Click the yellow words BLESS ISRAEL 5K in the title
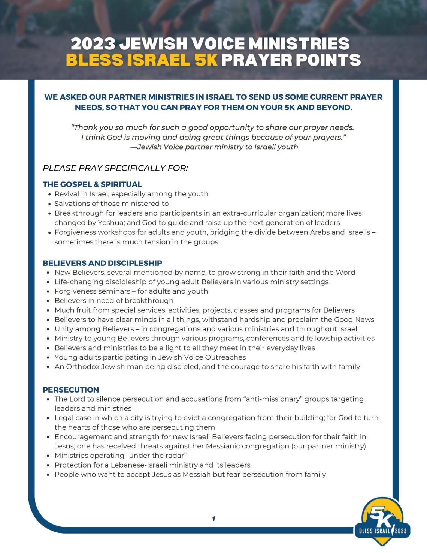(x=142, y=60)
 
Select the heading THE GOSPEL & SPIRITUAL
(x=92, y=184)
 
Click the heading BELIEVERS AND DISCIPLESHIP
(x=102, y=263)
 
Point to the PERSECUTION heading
(x=71, y=390)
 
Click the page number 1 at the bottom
(x=213, y=519)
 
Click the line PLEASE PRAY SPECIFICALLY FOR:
(x=115, y=168)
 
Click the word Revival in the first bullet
(x=66, y=194)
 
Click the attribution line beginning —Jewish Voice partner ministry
(x=214, y=147)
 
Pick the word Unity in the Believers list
(x=64, y=329)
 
